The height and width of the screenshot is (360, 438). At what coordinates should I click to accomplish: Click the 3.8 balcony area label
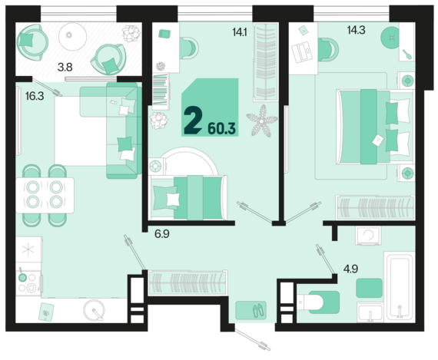coord(65,68)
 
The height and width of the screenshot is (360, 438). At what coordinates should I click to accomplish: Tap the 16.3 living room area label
coord(35,96)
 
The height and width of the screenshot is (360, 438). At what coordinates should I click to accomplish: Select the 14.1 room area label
coord(240,32)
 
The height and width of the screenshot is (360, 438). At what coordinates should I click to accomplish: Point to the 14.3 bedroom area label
coord(356,30)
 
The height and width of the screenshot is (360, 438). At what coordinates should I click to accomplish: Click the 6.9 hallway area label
coord(162,234)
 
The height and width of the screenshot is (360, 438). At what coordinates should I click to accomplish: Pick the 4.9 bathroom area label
coord(350,269)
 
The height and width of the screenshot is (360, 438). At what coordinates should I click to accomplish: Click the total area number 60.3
coord(222,129)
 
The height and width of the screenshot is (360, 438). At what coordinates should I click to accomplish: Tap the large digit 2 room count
coord(193,121)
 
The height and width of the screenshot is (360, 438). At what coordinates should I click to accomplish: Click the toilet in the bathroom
coord(318,302)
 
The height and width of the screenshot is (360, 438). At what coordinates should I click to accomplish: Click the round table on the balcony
coord(73,37)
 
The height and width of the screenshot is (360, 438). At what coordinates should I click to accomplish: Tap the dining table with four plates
coord(45,195)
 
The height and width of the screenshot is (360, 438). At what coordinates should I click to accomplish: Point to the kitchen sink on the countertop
coord(95,310)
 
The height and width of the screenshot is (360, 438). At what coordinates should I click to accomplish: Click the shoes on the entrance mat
coord(260,310)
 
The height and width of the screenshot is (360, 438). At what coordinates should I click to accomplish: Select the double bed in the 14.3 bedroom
coord(375,127)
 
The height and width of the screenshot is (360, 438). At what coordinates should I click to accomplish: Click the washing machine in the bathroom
coord(368,236)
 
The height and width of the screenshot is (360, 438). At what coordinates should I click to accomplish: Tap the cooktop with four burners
coord(28,283)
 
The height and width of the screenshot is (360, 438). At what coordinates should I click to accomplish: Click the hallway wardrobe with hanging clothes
coord(187,282)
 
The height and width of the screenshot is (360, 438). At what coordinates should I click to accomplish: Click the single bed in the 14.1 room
coord(187,197)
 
